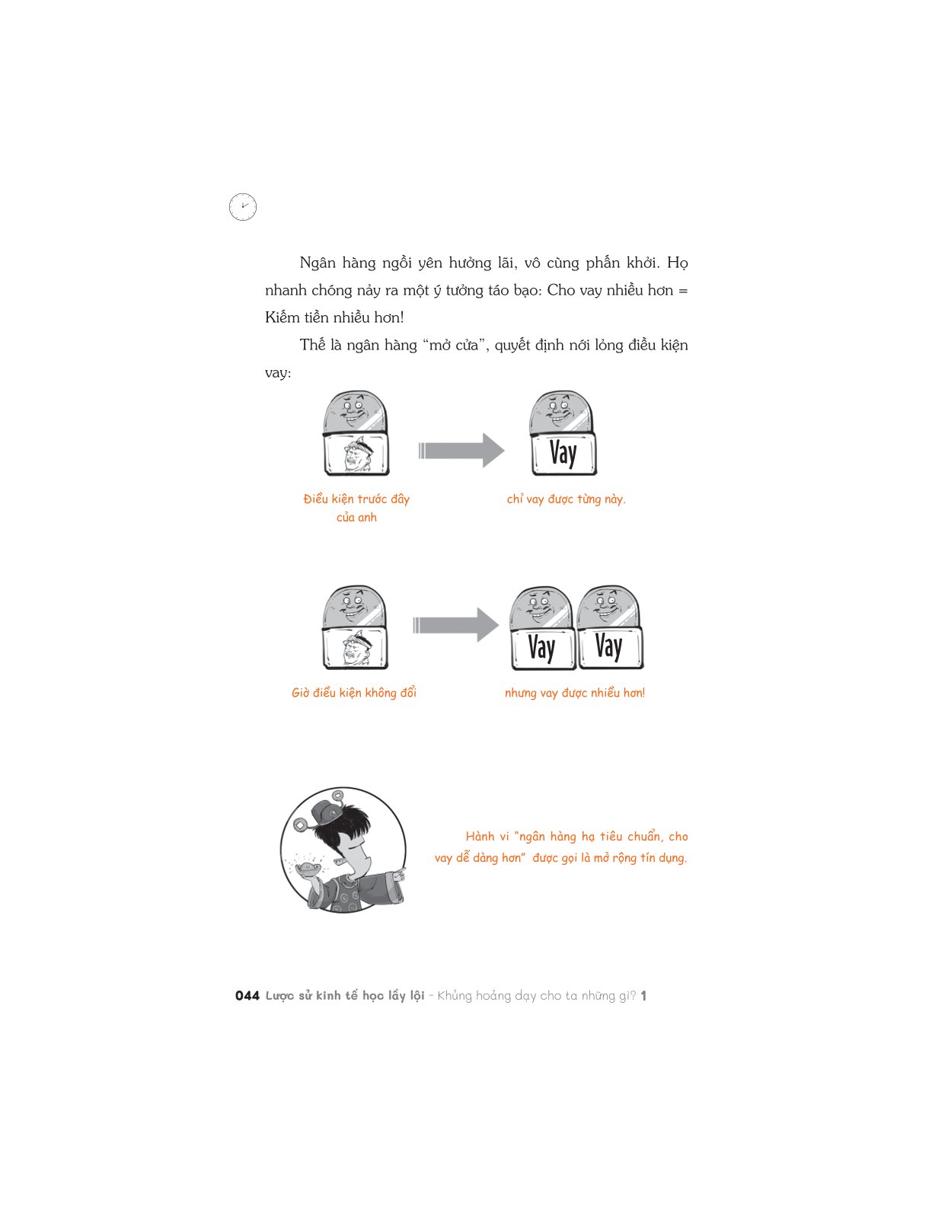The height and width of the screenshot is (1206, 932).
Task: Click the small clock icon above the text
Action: [243, 207]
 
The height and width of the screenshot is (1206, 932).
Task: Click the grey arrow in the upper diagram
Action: [461, 450]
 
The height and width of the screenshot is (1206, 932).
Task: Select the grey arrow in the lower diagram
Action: [456, 625]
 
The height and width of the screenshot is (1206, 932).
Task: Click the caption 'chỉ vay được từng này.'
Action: [567, 499]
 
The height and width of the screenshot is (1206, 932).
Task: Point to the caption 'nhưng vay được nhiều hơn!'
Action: [575, 693]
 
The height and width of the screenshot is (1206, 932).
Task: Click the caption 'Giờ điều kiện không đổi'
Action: [354, 693]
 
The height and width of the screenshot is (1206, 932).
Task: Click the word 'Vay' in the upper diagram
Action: [563, 454]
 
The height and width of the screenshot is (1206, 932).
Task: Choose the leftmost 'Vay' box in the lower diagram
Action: [544, 647]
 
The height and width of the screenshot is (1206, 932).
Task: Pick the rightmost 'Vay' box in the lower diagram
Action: [610, 647]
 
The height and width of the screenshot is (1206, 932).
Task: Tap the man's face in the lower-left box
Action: [356, 647]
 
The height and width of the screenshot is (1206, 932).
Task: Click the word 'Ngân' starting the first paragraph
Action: [318, 263]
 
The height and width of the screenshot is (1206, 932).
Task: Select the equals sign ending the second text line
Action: [683, 291]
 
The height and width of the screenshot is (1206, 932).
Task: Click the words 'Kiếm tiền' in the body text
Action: [302, 317]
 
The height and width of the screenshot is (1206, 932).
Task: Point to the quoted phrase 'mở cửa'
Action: [455, 345]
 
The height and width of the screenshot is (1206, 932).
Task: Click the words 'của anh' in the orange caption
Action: [356, 517]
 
